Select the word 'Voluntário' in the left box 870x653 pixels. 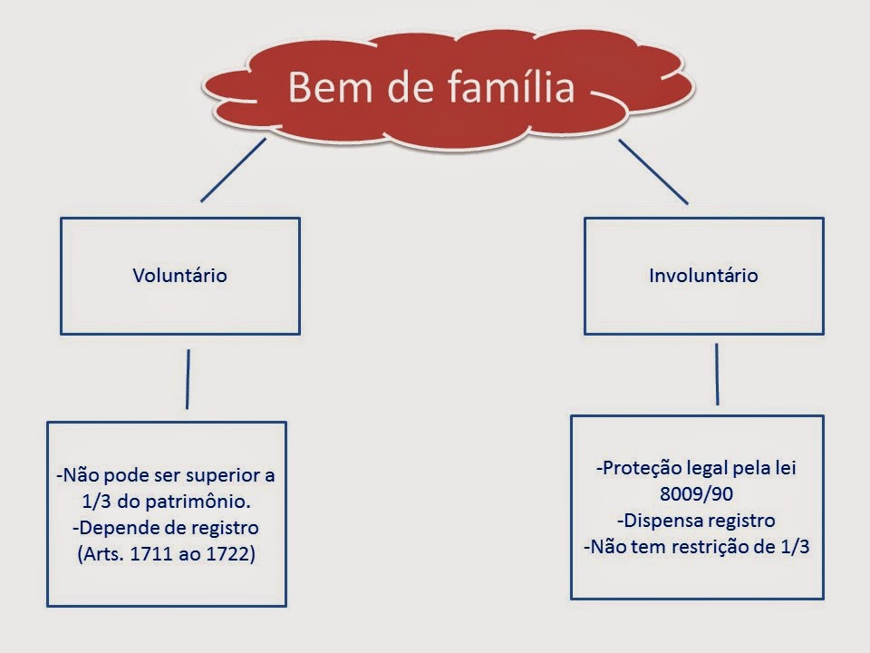[x=179, y=275]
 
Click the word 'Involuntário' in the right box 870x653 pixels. [x=703, y=275]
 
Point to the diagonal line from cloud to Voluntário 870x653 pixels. [x=233, y=170]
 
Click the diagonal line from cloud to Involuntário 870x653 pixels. [x=653, y=171]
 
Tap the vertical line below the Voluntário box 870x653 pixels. [x=188, y=378]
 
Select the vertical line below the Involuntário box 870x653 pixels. [x=717, y=373]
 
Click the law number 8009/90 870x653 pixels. [x=697, y=495]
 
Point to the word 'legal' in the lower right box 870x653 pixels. [x=700, y=469]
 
